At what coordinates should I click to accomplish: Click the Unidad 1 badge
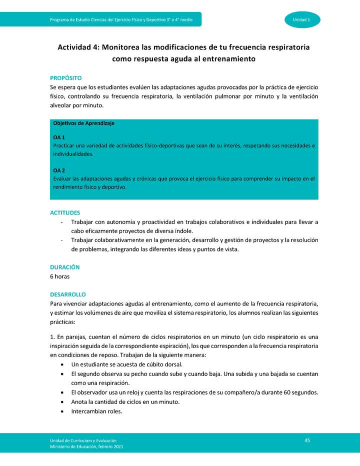[302, 19]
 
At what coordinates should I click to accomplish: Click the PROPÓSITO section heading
[65, 78]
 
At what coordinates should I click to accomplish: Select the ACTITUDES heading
[64, 212]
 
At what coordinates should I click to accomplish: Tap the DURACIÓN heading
[64, 267]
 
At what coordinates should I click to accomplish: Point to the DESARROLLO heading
[68, 294]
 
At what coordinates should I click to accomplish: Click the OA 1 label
[59, 137]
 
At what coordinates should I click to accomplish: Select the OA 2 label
[59, 170]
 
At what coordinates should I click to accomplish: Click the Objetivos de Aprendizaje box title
[83, 123]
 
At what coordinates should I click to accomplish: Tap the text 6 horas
[59, 276]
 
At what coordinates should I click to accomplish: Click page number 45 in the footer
[307, 440]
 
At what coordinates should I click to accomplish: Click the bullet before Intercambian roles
[61, 411]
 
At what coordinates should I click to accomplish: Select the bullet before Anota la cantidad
[61, 402]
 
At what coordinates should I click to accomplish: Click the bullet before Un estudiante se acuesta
[61, 364]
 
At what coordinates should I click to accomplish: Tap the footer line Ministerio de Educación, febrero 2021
[86, 446]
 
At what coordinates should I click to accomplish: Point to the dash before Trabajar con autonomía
[61, 222]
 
